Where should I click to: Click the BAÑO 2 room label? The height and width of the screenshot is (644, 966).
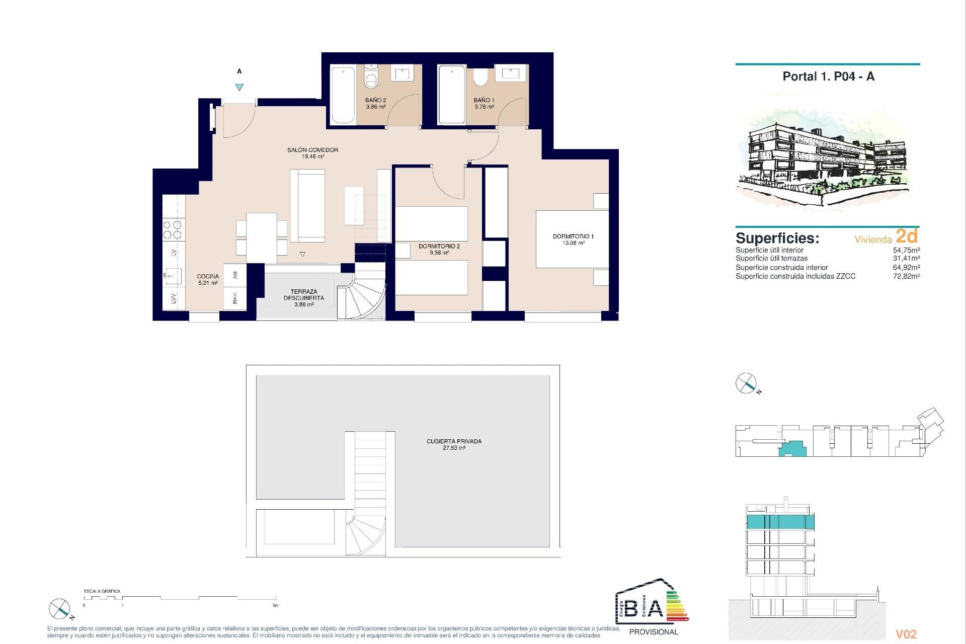tap(375, 103)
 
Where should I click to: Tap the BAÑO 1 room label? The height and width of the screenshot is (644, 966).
tap(484, 103)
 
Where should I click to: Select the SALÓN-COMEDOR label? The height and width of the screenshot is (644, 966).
tap(312, 153)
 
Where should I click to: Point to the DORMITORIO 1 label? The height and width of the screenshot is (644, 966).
tap(573, 239)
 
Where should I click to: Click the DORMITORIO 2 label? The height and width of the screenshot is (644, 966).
tap(439, 249)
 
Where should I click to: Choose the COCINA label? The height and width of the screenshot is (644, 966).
tap(208, 279)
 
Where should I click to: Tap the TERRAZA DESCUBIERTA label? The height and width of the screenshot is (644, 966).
tap(304, 297)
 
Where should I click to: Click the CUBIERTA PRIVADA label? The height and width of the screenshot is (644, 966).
tap(454, 444)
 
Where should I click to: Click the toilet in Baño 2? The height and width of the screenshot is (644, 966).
tap(371, 77)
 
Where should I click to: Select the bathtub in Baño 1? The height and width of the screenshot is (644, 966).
tap(451, 94)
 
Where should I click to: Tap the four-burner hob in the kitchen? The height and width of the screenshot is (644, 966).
tap(173, 230)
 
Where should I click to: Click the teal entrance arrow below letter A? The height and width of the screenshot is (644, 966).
tap(239, 87)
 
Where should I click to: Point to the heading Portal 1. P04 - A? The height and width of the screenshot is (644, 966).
tap(828, 76)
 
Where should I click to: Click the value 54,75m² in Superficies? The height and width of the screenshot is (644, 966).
tap(906, 250)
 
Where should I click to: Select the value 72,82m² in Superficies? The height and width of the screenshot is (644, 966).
tap(906, 276)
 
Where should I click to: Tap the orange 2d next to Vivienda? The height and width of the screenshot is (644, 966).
tap(907, 236)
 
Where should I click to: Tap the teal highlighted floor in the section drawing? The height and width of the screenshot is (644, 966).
tap(780, 522)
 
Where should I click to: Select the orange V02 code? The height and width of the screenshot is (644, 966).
tap(906, 634)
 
